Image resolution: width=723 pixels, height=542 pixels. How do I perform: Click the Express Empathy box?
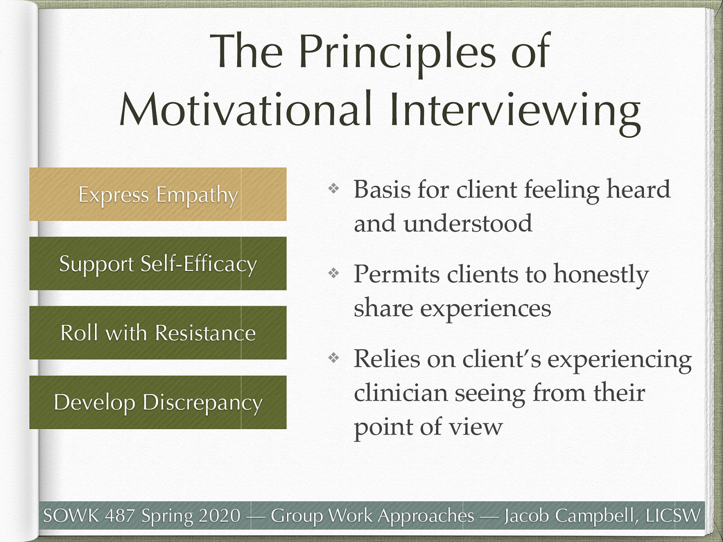pos(158,194)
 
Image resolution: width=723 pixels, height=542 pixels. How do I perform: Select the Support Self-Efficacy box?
pos(158,264)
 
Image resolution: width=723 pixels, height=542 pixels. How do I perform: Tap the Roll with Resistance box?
pos(158,333)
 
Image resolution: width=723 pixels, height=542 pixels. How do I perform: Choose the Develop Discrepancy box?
pos(158,402)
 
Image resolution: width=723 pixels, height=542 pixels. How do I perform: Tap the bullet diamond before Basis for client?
pos(333,188)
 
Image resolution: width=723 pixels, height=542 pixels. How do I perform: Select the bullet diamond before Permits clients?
pos(333,273)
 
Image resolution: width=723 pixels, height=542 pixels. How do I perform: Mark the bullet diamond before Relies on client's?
pos(333,358)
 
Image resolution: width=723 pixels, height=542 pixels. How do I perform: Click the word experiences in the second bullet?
pos(486,309)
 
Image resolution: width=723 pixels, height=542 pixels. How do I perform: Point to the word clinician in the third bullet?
pos(401,392)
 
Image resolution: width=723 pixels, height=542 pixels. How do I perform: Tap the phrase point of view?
pos(428,427)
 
